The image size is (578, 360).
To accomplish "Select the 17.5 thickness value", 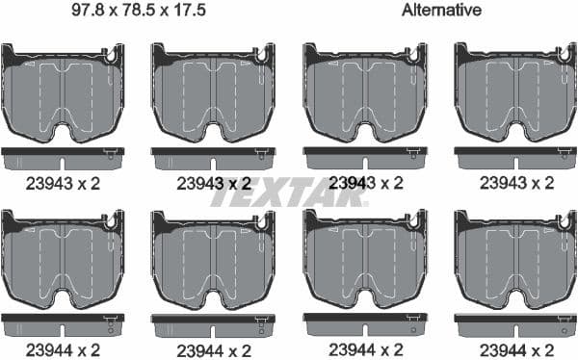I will coord(195,12).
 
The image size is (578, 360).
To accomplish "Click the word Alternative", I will coord(441,12).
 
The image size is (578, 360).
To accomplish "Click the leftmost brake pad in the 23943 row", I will coord(63,92).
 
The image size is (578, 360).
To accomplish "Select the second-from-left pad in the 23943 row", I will coord(213,92).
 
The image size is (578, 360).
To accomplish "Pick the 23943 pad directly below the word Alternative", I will coord(365,92).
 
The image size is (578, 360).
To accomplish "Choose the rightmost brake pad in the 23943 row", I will coord(515,92).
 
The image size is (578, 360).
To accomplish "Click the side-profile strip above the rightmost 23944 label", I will coord(515,319).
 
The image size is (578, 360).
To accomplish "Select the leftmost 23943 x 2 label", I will coord(63,181).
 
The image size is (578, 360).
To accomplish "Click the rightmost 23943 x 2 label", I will coord(515,181).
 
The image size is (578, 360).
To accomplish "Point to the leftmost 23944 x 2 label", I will coord(63,348).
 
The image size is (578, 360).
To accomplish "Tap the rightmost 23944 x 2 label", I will coord(515,348).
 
